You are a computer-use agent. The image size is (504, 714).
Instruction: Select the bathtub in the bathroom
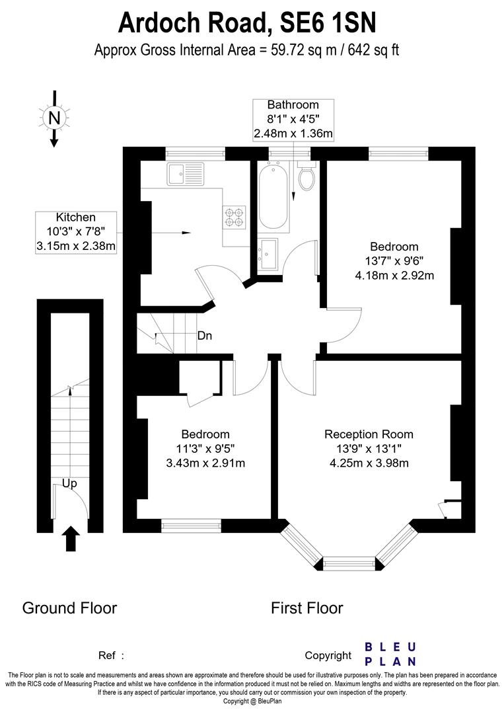coord(272,195)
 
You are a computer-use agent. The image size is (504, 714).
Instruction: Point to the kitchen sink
coord(186,174)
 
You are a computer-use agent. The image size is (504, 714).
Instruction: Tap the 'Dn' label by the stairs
coord(205,336)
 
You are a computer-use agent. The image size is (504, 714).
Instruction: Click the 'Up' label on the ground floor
coord(69,483)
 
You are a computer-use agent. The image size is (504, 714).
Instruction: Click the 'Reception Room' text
coord(369,434)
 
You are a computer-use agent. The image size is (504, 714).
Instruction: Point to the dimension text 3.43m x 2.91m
coord(205,463)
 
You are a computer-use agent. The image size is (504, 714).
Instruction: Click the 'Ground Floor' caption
coord(69,608)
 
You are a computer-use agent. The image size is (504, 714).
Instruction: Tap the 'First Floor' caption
coord(307,608)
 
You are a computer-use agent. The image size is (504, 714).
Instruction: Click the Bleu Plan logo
coord(390,654)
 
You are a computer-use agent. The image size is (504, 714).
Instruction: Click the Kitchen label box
coord(76,232)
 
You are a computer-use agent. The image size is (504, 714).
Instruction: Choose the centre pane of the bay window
coord(347,563)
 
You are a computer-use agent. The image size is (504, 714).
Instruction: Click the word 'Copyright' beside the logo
coord(328,656)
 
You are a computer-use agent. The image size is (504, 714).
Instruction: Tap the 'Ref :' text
coord(112,656)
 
